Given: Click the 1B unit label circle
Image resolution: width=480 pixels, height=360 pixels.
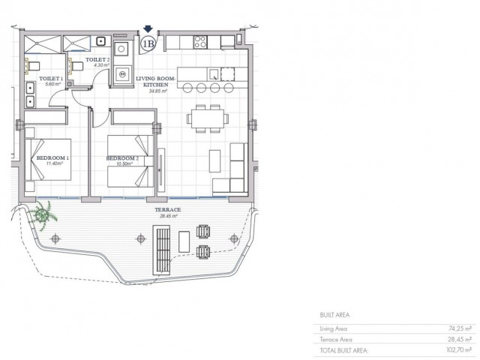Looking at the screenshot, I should [148, 44].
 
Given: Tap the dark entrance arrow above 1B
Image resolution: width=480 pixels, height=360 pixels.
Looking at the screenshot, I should [148, 30].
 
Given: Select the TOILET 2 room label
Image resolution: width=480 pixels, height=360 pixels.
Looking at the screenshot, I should [97, 59].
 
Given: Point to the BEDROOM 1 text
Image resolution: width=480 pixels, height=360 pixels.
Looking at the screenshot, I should [52, 158].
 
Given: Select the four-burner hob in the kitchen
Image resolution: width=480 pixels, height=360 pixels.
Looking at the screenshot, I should [201, 42].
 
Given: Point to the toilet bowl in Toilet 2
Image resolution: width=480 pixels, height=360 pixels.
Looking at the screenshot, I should [76, 66].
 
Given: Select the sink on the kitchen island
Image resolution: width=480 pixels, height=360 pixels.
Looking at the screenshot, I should [214, 73].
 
